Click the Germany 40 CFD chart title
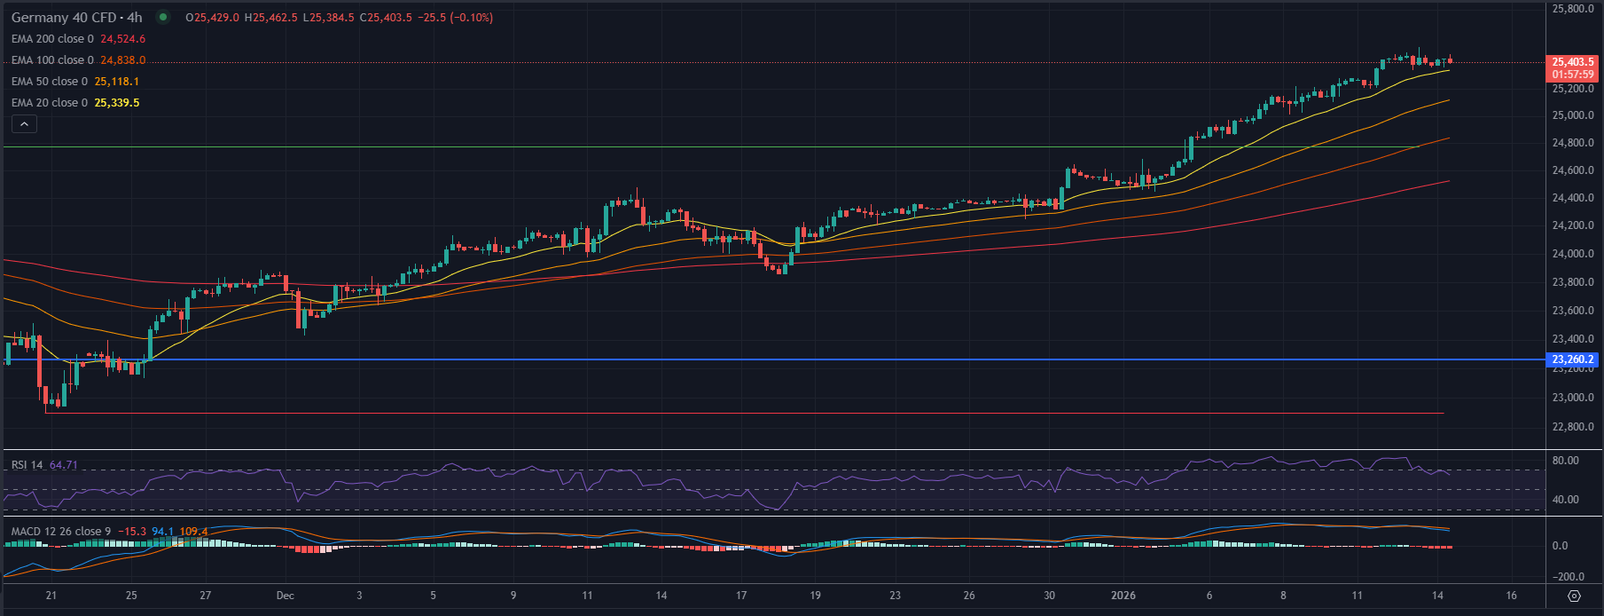pos(76,18)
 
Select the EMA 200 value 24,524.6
pos(122,39)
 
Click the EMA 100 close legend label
pos(52,60)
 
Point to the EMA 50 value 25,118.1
pos(116,82)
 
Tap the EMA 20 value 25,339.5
pos(116,103)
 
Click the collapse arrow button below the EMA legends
pos(25,124)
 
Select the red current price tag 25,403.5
pos(1572,62)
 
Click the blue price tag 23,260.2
pos(1572,359)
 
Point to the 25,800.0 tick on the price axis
pos(1572,9)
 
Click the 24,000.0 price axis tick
pos(1572,254)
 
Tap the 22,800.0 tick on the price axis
pos(1572,427)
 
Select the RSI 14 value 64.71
pos(64,465)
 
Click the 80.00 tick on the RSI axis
pos(1565,461)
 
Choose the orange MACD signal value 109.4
pos(193,532)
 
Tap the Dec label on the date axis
pos(285,596)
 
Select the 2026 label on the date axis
pos(1123,596)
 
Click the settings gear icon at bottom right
pos(1574,596)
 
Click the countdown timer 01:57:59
pos(1572,75)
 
